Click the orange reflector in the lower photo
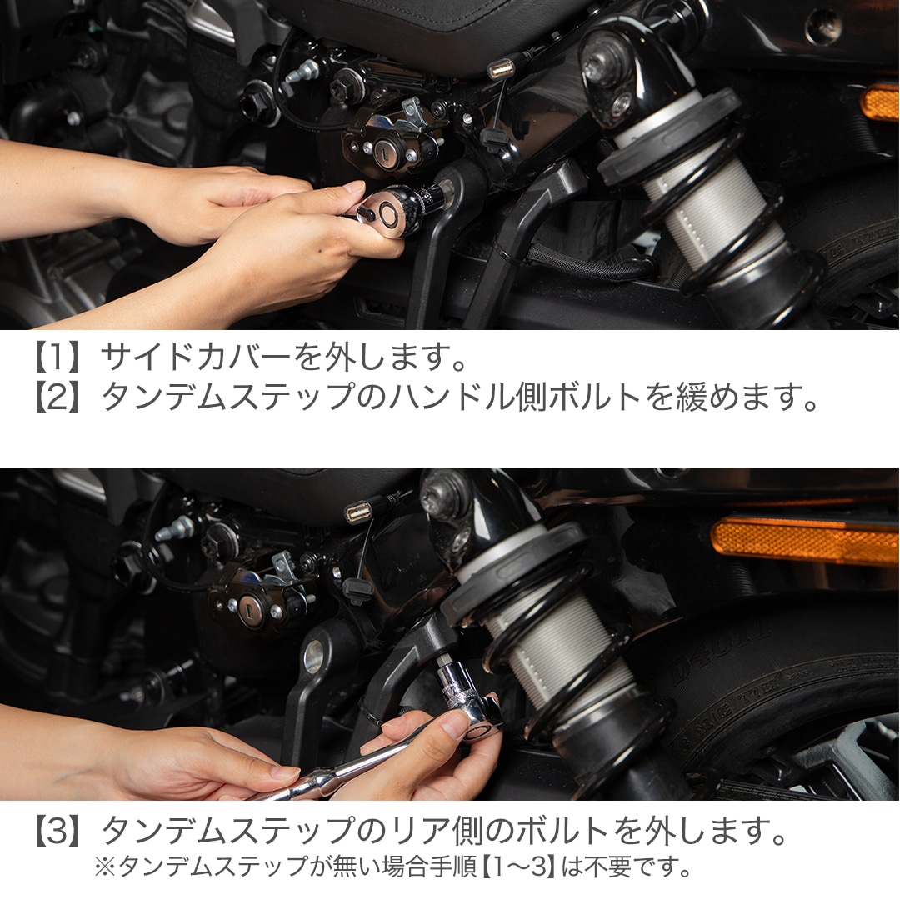point(804,541)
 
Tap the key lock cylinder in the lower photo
point(247,610)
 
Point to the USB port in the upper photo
point(502,67)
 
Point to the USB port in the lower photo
point(359,512)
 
